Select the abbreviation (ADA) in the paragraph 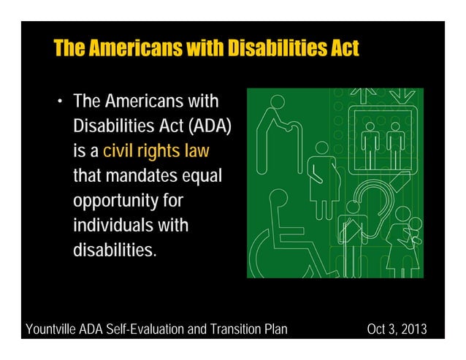point(210,126)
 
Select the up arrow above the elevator point(364,96)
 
